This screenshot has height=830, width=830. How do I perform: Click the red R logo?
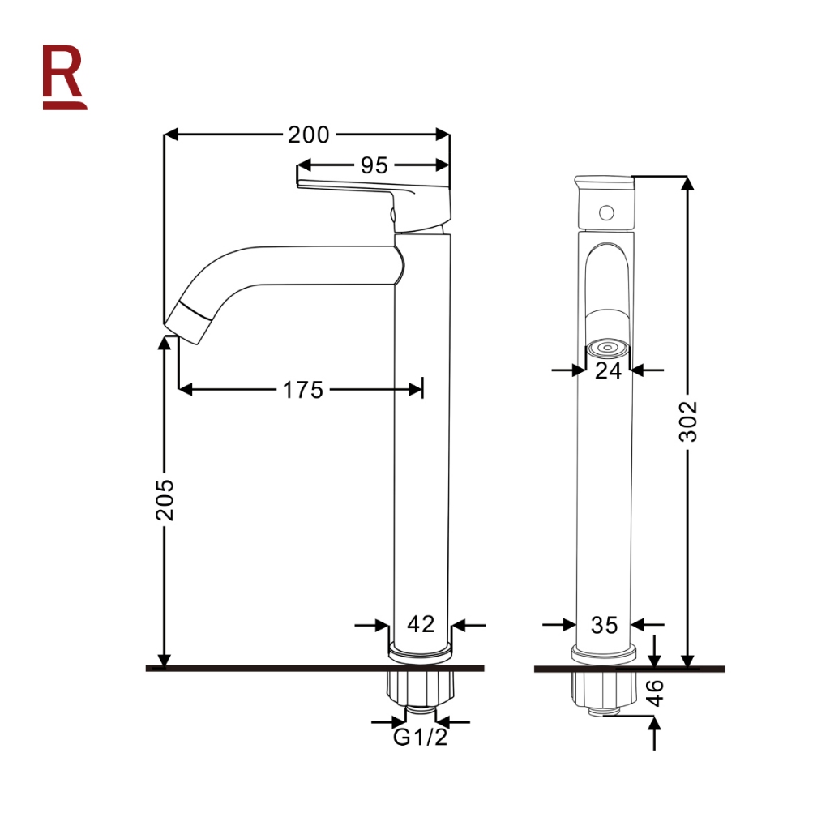tap(64, 78)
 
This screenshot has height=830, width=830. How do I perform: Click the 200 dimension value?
tap(309, 135)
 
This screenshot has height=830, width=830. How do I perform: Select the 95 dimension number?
tap(374, 165)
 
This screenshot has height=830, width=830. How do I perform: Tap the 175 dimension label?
tap(303, 390)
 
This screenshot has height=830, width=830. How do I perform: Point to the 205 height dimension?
tap(165, 499)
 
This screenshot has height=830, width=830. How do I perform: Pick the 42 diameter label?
tap(421, 624)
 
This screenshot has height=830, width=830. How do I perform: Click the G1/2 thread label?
tap(421, 737)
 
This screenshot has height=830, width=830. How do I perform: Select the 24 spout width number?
tap(608, 371)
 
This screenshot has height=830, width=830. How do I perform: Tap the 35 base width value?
tap(604, 625)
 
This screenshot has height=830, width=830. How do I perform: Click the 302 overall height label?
tap(688, 421)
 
